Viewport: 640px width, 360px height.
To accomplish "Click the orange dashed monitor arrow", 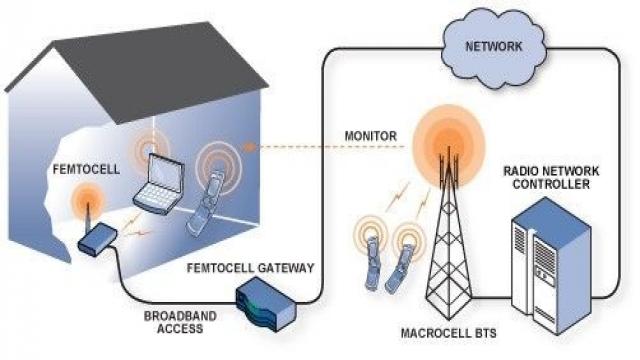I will [300, 146].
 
